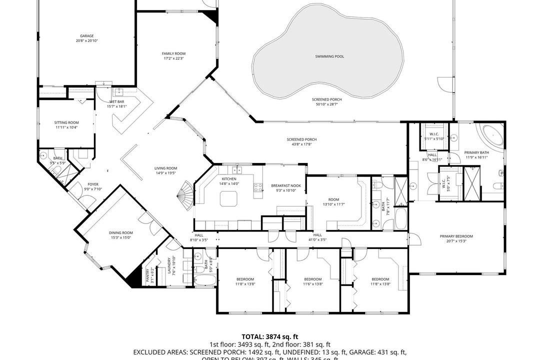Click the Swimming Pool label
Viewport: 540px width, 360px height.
click(x=329, y=56)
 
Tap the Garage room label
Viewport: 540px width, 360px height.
click(x=87, y=36)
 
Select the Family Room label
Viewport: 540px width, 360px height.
click(x=173, y=53)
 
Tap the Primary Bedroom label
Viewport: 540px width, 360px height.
click(x=456, y=236)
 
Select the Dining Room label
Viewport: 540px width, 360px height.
click(x=121, y=232)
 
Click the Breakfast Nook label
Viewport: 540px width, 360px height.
click(x=285, y=185)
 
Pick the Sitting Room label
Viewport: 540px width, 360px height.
click(x=66, y=122)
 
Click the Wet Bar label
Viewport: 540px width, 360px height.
click(x=117, y=101)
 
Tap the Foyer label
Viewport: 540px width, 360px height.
click(x=93, y=184)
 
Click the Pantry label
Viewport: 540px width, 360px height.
click(x=147, y=275)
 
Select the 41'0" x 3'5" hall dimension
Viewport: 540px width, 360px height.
click(x=317, y=240)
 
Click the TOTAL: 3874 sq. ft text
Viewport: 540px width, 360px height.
click(x=270, y=337)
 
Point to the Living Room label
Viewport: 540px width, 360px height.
click(x=166, y=168)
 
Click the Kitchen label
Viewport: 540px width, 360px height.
click(x=229, y=178)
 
